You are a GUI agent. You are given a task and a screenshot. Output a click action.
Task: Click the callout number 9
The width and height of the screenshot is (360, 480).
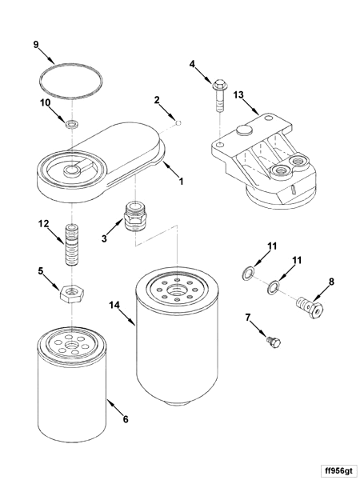(x=36, y=44)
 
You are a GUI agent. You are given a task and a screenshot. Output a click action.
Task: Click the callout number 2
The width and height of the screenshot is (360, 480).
(x=157, y=100)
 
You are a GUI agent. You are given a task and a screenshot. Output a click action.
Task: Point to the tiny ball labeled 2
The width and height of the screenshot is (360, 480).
(x=181, y=122)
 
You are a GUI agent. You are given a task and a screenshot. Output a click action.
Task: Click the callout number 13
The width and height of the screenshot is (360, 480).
(x=238, y=94)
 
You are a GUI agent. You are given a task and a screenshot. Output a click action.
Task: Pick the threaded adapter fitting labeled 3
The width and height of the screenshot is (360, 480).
(x=135, y=217)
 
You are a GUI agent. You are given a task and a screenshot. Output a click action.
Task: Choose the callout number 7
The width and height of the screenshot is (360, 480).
(x=249, y=318)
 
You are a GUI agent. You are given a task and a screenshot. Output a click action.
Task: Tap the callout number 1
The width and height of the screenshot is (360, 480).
(x=181, y=182)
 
